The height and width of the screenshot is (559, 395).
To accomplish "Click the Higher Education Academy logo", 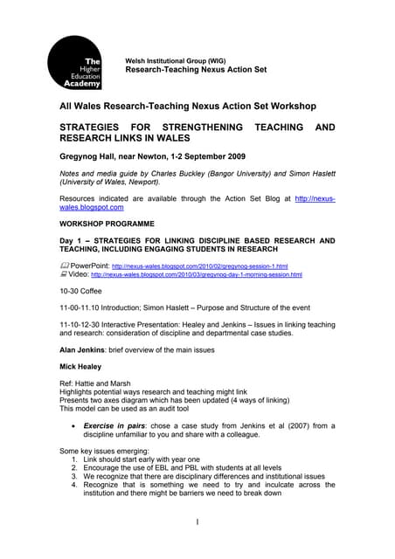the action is tap(75, 62).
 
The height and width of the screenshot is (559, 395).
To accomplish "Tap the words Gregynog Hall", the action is tap(94, 157).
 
